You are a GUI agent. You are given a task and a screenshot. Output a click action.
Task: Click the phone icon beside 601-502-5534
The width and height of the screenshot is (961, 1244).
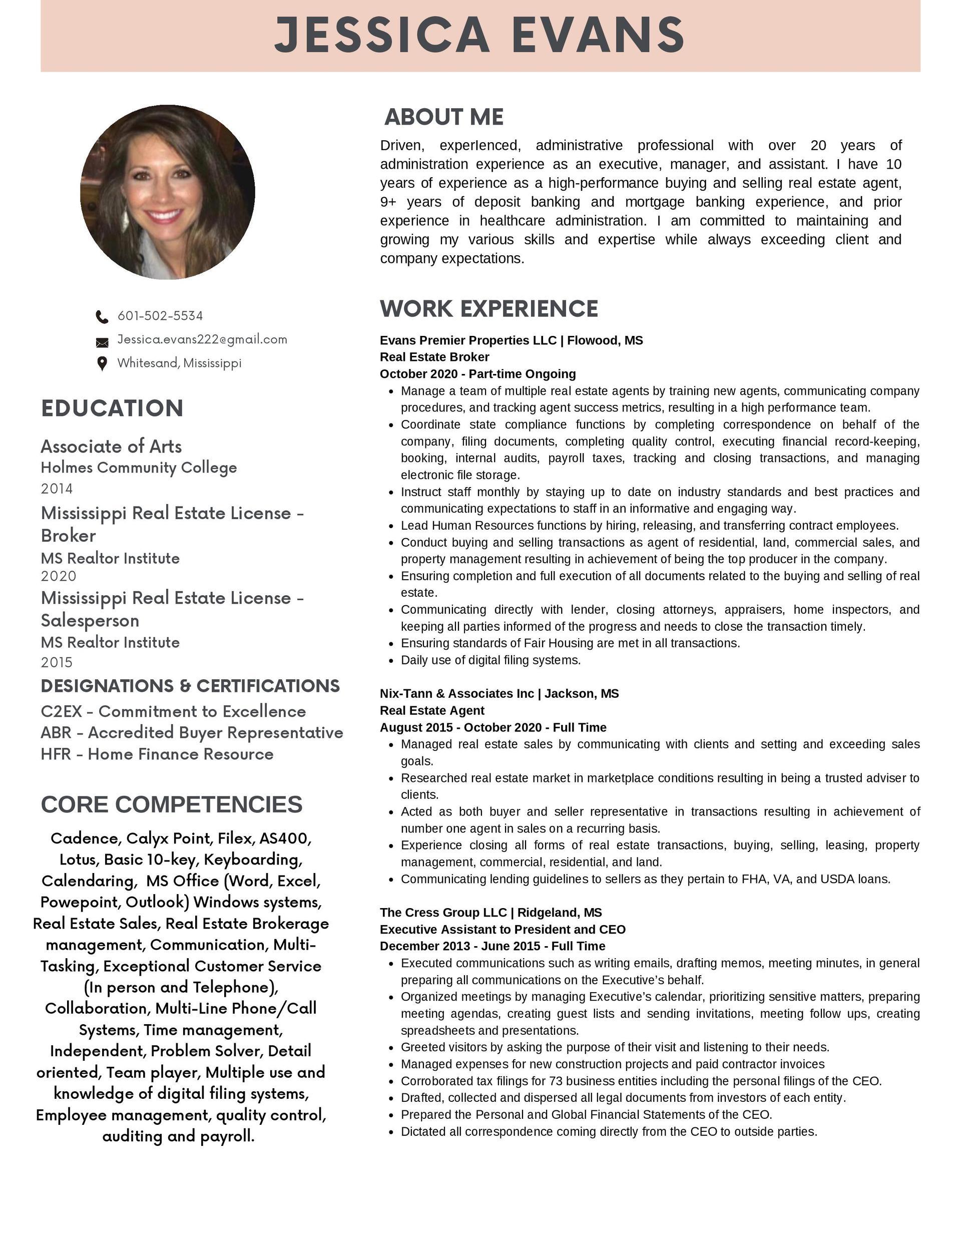coord(102,317)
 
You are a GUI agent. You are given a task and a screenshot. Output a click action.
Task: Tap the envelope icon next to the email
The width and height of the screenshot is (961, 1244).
coord(102,342)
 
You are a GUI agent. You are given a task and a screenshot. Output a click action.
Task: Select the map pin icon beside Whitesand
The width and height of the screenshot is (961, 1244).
coord(102,363)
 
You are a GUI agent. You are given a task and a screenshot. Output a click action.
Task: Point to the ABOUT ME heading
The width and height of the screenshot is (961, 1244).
coord(444,117)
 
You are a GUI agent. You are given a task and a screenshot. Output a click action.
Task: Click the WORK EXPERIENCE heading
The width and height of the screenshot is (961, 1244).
coord(489,309)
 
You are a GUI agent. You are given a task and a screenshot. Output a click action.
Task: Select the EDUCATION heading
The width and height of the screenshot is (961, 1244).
coord(112,408)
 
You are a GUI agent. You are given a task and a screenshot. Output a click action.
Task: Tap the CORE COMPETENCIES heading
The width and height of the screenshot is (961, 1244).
coord(172,804)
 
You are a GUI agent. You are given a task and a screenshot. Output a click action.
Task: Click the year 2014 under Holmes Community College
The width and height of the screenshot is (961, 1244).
coord(57,489)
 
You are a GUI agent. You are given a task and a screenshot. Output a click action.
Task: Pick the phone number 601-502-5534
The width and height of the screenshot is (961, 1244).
coord(160,315)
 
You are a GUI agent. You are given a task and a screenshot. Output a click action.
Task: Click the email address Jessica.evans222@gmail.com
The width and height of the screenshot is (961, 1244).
coord(202,339)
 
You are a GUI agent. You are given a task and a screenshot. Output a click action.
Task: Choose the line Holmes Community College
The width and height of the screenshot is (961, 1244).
coord(139,468)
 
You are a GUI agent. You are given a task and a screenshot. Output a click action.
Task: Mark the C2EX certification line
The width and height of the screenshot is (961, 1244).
coord(173,711)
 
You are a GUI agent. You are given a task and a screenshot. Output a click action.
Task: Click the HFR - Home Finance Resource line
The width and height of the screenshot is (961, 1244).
coord(157,754)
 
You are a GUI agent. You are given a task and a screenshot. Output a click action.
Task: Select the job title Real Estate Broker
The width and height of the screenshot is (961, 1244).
coord(434,357)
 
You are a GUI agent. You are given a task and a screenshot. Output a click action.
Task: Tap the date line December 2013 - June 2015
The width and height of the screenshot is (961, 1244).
coord(492,946)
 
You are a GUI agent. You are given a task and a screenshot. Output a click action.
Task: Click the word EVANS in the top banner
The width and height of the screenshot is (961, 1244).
coord(598,36)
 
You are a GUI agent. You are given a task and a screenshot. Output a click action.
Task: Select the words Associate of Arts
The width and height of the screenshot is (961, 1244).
coord(111,446)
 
